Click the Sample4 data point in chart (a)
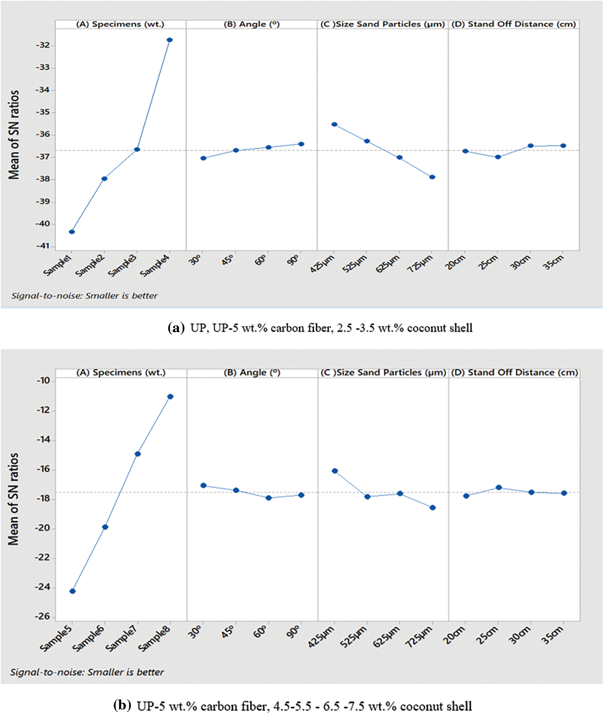(170, 40)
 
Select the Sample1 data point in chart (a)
(72, 232)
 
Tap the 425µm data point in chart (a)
(334, 124)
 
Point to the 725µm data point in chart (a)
(432, 177)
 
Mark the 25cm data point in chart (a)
(498, 157)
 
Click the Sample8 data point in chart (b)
(170, 397)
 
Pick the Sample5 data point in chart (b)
(72, 591)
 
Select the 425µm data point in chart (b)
(335, 471)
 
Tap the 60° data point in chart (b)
(269, 498)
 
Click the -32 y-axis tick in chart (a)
(43, 45)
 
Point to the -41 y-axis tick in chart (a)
(43, 246)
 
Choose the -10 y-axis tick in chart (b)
(43, 381)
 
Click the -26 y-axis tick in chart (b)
(43, 617)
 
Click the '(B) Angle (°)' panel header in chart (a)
(252, 24)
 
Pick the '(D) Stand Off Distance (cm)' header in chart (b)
(514, 373)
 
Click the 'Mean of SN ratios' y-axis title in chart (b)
(13, 499)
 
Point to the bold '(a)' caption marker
(176, 328)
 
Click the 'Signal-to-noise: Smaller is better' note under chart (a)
(85, 296)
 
